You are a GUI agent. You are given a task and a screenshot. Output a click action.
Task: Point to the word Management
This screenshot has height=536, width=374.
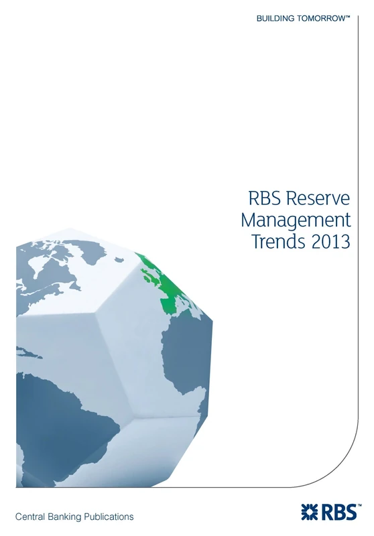[x=296, y=220]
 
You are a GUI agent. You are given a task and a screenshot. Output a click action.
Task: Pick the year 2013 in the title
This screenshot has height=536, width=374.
[x=331, y=241]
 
